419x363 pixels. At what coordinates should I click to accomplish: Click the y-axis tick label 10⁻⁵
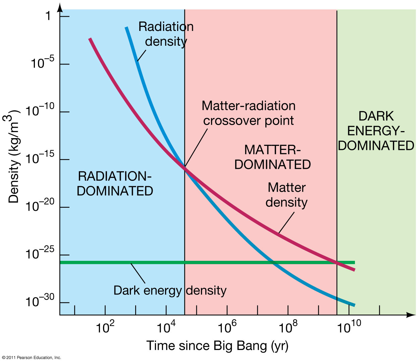coord(42,63)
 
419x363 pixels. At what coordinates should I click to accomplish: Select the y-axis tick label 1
coord(48,16)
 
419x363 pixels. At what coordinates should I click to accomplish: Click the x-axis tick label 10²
coord(105,327)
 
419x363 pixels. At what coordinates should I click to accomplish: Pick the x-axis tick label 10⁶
coord(227,327)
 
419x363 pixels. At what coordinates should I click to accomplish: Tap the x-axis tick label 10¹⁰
coord(349,327)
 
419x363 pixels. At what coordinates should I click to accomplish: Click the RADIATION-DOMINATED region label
coord(115,184)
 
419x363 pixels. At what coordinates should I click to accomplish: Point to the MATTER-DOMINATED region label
coord(272,157)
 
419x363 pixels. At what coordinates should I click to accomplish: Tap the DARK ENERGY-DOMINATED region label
coord(376,131)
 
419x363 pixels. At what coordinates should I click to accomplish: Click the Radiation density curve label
coord(166,34)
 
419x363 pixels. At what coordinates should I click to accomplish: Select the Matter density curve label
coord(286,195)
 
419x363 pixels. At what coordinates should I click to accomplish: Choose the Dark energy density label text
coord(170,290)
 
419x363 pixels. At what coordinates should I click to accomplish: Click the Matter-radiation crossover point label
coord(248,113)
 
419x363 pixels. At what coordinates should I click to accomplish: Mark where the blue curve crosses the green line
coord(272,262)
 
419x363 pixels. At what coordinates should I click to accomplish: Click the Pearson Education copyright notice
coord(31,358)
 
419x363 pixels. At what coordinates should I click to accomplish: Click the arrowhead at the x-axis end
coord(411,315)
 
